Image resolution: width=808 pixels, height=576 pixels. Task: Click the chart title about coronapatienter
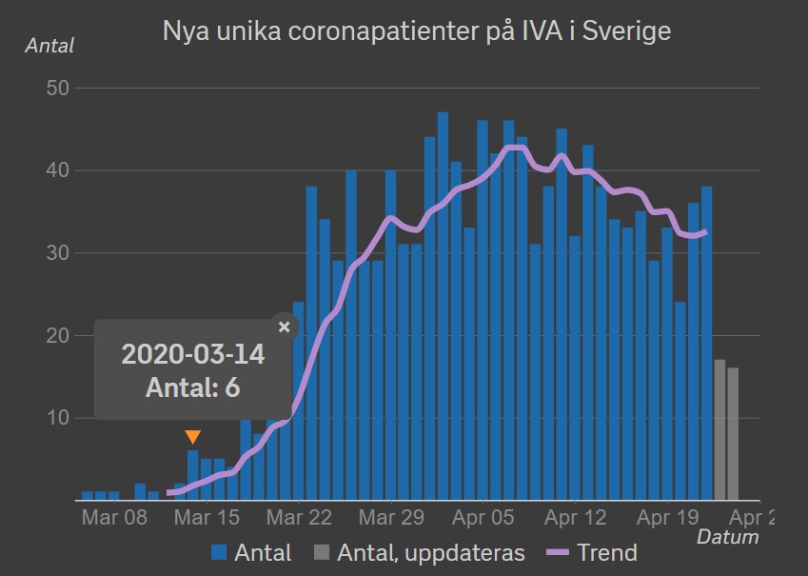coord(416,30)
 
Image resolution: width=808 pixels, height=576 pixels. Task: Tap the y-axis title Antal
coord(49,46)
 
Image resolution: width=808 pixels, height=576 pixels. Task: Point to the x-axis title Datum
coord(728,537)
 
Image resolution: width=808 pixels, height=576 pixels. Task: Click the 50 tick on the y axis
coord(58,89)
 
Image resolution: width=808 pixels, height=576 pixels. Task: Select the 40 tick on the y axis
coord(58,170)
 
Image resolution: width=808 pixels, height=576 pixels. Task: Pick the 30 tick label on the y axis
coord(58,252)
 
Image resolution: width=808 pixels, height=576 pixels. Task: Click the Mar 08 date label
coord(114,517)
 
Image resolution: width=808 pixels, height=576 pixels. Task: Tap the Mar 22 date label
coord(299,517)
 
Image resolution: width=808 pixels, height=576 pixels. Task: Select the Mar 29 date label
coord(391,517)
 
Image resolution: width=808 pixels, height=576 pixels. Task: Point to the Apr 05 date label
coord(483,517)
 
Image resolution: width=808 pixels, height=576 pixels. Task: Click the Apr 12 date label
coord(576,517)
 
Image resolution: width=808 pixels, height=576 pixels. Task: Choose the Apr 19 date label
coord(668,517)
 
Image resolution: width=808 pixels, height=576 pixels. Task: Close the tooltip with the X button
coord(284,327)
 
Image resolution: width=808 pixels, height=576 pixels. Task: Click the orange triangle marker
coord(193,437)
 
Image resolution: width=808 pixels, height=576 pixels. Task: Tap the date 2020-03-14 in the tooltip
coord(193,354)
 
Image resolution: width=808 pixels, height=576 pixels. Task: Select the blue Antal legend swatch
coord(219,552)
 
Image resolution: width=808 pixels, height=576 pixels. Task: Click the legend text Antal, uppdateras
coord(431,553)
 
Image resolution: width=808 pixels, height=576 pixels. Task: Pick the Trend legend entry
coord(592,553)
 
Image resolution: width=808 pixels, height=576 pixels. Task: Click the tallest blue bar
coord(443,307)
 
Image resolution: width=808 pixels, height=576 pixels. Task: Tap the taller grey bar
coord(719,430)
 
